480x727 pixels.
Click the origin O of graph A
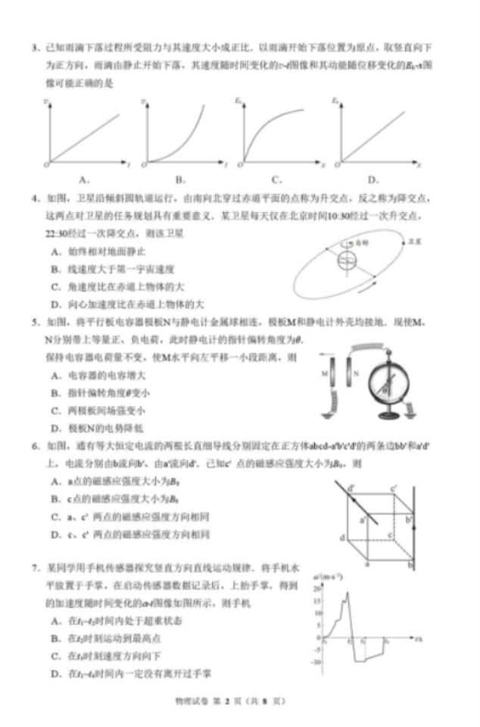pos(46,163)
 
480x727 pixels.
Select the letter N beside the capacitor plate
pos(355,373)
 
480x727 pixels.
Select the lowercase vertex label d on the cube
pos(342,538)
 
